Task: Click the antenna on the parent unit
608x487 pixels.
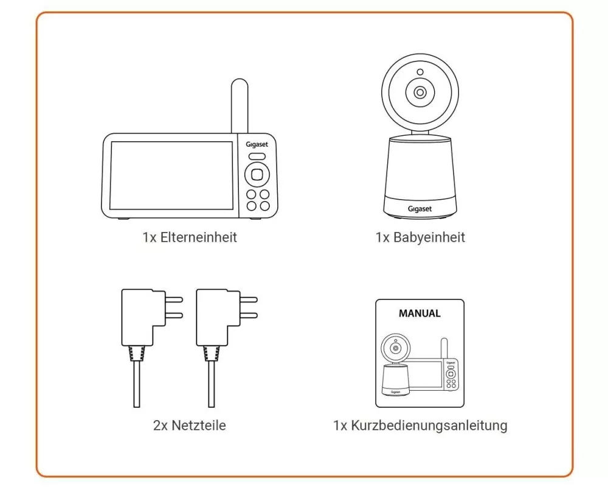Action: [x=239, y=106]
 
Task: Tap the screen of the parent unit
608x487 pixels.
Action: [x=171, y=175]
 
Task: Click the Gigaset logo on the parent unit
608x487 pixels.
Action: [x=257, y=144]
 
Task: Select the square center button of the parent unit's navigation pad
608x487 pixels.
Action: [x=257, y=175]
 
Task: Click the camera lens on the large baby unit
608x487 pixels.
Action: [x=420, y=93]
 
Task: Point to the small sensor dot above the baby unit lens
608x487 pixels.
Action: [x=420, y=72]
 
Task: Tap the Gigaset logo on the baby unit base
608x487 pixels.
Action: [x=420, y=209]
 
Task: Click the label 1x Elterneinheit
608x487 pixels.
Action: [x=190, y=237]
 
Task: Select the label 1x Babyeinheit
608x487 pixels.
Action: [x=420, y=237]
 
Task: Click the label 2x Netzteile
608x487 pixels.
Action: [x=189, y=426]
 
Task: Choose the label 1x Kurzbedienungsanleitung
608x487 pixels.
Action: [x=420, y=426]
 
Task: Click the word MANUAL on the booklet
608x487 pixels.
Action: [x=420, y=314]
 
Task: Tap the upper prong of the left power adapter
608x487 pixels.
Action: [x=174, y=300]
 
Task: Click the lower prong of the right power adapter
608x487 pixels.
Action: [x=249, y=316]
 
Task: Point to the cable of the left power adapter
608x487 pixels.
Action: [x=136, y=384]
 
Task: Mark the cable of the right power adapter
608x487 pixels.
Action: [x=212, y=384]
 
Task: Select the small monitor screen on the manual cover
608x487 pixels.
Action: [x=424, y=374]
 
